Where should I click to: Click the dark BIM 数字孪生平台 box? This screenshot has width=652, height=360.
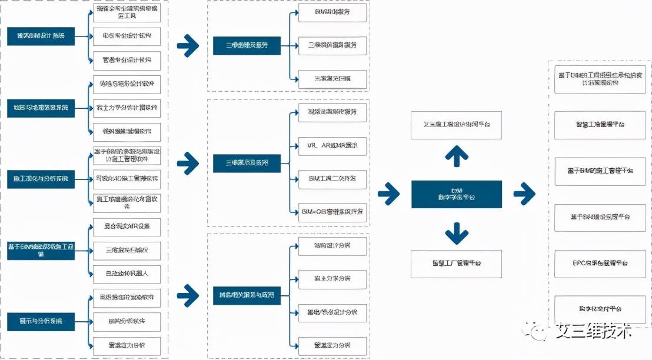point(456,194)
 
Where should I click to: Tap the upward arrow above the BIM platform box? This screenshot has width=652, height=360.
point(456,156)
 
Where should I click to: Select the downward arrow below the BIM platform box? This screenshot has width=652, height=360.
point(456,232)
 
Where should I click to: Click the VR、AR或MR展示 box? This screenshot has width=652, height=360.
point(332,145)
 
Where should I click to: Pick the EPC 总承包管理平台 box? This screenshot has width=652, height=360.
point(600,264)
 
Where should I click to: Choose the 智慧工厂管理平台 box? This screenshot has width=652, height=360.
point(456,264)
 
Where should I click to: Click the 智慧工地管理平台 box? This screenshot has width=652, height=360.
point(600,125)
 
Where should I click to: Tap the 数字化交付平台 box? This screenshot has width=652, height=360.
point(600,309)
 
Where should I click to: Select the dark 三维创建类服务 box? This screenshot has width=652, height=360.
point(247,45)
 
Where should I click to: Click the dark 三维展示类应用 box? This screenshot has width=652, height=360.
point(247,163)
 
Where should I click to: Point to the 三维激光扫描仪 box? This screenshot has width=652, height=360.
point(127,250)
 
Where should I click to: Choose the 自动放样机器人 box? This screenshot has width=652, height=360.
point(127,274)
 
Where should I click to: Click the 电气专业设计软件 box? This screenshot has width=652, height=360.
point(127,36)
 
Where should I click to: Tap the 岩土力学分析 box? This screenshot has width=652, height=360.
point(332,278)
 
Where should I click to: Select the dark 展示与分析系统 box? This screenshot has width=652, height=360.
point(41,322)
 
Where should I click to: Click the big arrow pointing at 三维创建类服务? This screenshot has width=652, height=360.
point(188,45)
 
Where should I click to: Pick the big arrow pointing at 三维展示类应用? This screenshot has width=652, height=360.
point(188,163)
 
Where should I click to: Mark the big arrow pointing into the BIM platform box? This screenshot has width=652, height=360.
point(388,194)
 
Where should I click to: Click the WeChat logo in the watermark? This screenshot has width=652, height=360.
point(538,331)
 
